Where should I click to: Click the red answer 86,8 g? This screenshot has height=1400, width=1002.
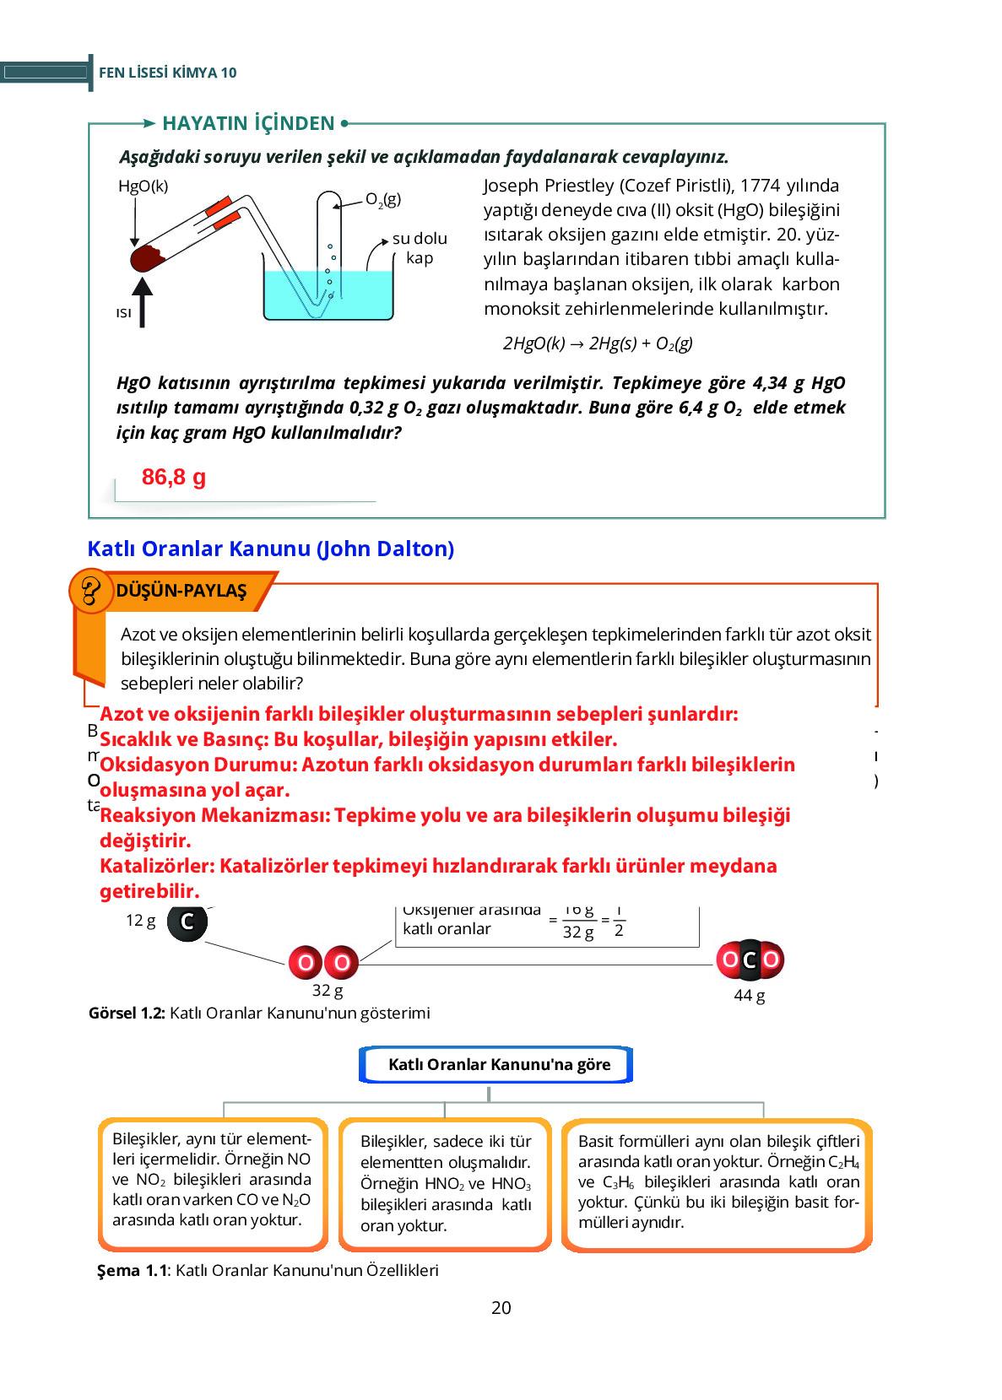[x=174, y=478]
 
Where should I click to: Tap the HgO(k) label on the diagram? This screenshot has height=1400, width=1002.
[x=143, y=186]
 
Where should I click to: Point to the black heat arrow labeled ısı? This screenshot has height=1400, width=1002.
[x=142, y=302]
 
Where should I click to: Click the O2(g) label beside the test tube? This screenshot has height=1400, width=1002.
[x=383, y=200]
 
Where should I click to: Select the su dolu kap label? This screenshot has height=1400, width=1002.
[x=420, y=248]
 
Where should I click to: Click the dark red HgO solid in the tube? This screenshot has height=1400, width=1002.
[x=147, y=257]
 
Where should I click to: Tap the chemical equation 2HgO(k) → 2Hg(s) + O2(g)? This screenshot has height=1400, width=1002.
[x=597, y=343]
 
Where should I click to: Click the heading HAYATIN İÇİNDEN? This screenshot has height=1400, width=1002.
[x=248, y=124]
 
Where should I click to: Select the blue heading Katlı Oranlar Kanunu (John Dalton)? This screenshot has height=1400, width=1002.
[x=270, y=549]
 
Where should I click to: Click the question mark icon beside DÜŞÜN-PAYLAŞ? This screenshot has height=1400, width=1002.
[x=90, y=591]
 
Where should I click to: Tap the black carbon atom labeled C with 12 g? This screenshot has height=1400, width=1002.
[x=187, y=922]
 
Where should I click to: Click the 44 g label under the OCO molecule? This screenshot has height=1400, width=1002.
[x=749, y=996]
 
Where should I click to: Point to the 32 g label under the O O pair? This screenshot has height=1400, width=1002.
[x=328, y=991]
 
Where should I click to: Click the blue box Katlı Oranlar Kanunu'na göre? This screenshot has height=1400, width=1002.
[x=498, y=1065]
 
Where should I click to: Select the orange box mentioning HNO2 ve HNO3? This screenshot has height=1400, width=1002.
[x=445, y=1183]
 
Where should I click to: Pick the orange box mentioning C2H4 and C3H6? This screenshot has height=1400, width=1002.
[x=718, y=1183]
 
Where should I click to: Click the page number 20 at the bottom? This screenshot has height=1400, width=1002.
[x=501, y=1308]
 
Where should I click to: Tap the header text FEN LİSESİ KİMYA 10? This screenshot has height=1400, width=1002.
[x=167, y=73]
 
